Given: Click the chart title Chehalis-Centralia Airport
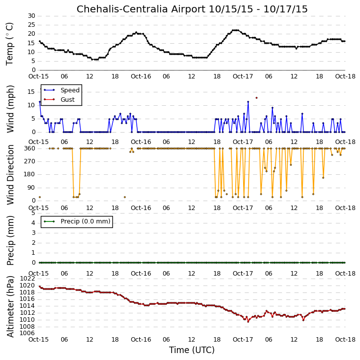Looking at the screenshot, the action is tap(141, 9).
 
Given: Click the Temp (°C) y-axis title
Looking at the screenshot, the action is tap(9, 44).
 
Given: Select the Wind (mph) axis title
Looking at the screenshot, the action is tap(10, 109).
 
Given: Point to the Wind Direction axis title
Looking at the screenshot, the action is tap(10, 174).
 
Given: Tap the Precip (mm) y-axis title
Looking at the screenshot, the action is tap(10, 240).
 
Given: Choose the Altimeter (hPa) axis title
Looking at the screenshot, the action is tap(10, 306).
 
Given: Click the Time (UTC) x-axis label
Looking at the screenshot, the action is tap(192, 350).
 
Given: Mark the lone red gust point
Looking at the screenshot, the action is tap(257, 98).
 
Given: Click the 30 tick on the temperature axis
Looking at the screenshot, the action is tap(31, 16).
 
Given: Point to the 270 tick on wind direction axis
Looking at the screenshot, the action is tap(30, 161).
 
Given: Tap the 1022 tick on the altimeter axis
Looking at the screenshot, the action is tap(27, 279).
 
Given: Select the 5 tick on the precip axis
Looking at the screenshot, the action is tap(33, 213).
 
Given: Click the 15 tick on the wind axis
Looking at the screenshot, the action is tap(31, 92).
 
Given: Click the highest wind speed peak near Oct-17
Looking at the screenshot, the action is tap(248, 102).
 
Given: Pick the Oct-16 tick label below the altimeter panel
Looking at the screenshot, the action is tap(141, 339).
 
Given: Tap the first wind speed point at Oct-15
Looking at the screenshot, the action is tap(40, 102).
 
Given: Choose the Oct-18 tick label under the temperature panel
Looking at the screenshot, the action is tap(345, 76).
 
